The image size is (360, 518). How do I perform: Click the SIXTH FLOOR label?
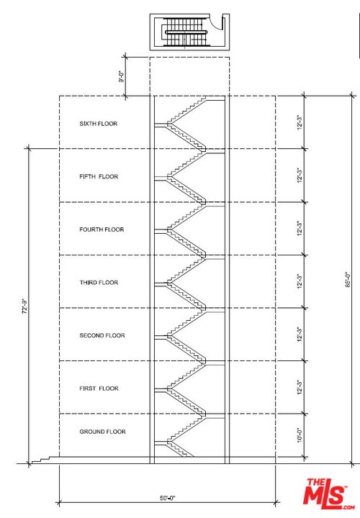99,124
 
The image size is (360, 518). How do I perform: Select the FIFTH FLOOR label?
99,176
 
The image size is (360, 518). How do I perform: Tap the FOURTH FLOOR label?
102,230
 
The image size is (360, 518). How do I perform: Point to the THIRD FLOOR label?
99,283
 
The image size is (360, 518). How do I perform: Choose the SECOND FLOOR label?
102,335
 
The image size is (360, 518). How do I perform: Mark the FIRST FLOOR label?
99,388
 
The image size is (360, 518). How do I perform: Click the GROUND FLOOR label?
102,432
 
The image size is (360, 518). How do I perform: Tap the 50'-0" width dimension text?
168,498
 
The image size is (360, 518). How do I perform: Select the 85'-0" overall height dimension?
348,280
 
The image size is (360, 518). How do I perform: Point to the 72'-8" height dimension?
25,306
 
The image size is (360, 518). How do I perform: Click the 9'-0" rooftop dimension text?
122,76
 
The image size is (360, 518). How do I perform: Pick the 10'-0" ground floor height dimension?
300,435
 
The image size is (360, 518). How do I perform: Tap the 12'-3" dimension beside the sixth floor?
300,122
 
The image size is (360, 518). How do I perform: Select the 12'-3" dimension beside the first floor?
300,388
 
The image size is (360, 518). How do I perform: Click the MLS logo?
328,494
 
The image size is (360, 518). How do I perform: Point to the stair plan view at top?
189,32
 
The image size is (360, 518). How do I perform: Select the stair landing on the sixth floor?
161,124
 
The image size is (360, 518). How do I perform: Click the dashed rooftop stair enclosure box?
189,77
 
